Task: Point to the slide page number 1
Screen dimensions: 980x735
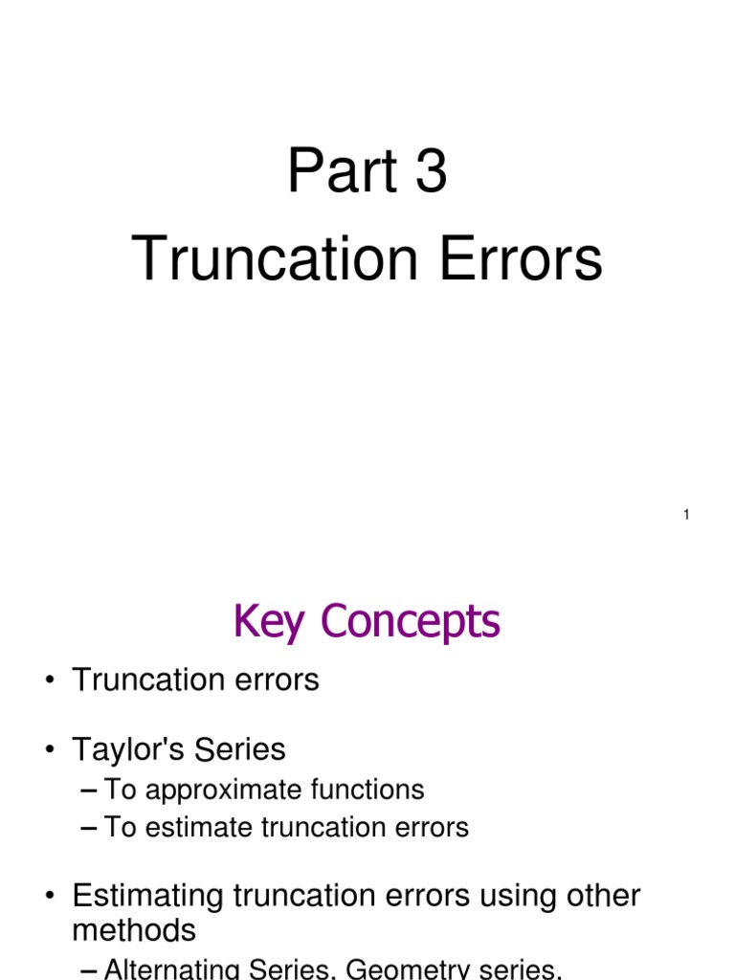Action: (686, 516)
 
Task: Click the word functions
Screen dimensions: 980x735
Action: (367, 790)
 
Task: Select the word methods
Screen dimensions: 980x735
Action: (134, 930)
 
